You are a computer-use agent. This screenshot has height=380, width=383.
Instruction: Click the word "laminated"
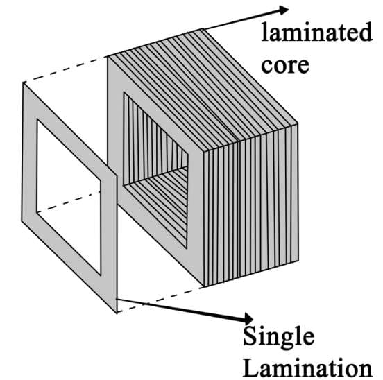[316, 32]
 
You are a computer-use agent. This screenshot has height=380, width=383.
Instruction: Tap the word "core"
[285, 65]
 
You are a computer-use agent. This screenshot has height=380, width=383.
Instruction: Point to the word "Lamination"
[308, 368]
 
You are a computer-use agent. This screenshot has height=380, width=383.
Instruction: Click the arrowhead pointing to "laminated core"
[283, 10]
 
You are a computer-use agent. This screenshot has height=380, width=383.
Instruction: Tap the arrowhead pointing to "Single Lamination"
[248, 318]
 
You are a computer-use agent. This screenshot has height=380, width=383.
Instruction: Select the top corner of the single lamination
[23, 83]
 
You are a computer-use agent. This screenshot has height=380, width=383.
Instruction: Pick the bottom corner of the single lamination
[117, 313]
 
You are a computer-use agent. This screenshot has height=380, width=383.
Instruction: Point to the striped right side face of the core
[251, 205]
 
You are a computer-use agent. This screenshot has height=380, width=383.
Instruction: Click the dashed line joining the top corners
[65, 69]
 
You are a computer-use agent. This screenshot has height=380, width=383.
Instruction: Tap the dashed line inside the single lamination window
[69, 202]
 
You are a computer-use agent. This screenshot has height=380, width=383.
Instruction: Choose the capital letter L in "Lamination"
[252, 368]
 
